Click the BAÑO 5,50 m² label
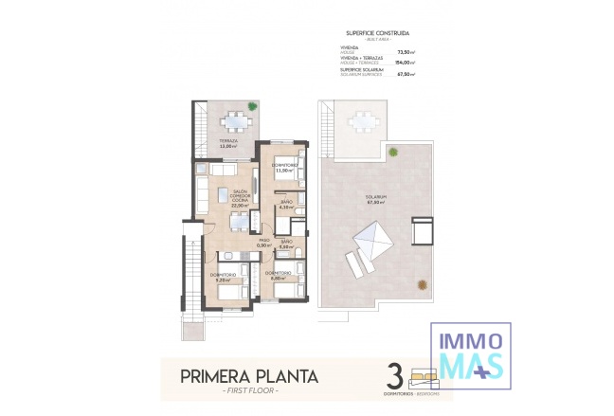pos(286,244)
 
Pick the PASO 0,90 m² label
pos(250,244)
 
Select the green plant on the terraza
pos(251,107)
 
